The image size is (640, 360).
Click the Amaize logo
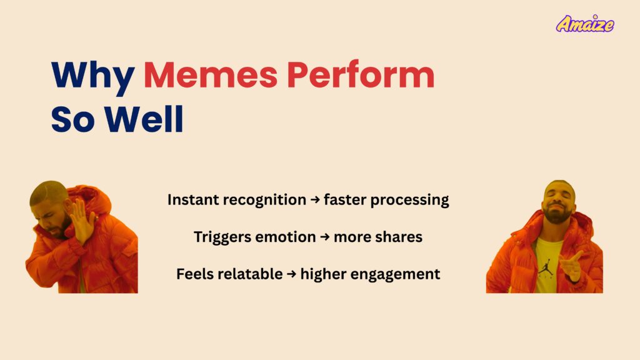(x=585, y=24)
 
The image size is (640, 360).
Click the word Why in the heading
(x=92, y=76)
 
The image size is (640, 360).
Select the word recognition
(x=263, y=200)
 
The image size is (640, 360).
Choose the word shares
(x=398, y=237)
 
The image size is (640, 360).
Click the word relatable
(x=249, y=274)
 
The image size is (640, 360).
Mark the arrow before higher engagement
(x=291, y=274)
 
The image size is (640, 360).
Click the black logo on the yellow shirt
(x=546, y=259)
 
